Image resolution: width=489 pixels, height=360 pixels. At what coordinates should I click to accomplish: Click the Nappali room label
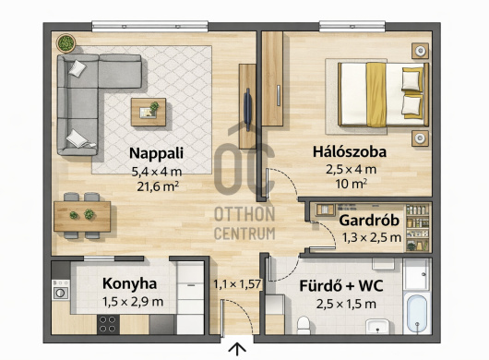point(156,153)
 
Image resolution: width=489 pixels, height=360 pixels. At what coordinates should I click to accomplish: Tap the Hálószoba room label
point(350,152)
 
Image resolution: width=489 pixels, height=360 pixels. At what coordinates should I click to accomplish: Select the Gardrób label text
point(369,221)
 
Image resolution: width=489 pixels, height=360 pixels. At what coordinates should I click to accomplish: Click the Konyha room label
point(129,284)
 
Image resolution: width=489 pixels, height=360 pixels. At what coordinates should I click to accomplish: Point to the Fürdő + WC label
point(341,286)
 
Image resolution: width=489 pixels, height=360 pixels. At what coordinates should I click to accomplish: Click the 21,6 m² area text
point(158,186)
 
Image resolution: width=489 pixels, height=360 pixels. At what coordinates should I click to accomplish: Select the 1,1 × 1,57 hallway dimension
point(237,284)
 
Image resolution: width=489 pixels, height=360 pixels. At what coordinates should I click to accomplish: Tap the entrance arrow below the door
point(237,350)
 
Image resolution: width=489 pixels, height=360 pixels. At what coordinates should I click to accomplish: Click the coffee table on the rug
point(149,112)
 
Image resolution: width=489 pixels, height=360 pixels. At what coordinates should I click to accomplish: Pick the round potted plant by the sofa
point(66,43)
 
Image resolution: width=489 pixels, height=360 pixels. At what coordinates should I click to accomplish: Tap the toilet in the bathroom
point(303,325)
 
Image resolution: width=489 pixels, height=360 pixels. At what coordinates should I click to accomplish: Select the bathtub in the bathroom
point(417,312)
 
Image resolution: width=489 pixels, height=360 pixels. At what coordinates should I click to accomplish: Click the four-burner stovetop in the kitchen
point(108,324)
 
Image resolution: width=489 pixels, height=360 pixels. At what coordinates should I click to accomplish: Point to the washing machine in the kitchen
point(61,290)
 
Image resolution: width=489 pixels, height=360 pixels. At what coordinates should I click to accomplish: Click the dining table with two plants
point(82,216)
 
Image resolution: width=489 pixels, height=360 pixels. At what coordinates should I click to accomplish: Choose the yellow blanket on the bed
point(376,94)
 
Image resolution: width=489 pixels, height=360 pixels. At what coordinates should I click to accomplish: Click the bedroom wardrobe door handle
point(279,95)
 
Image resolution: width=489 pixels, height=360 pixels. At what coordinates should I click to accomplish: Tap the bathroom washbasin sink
point(377,327)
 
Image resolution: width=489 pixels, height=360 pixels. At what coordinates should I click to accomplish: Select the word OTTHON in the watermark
point(244,214)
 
